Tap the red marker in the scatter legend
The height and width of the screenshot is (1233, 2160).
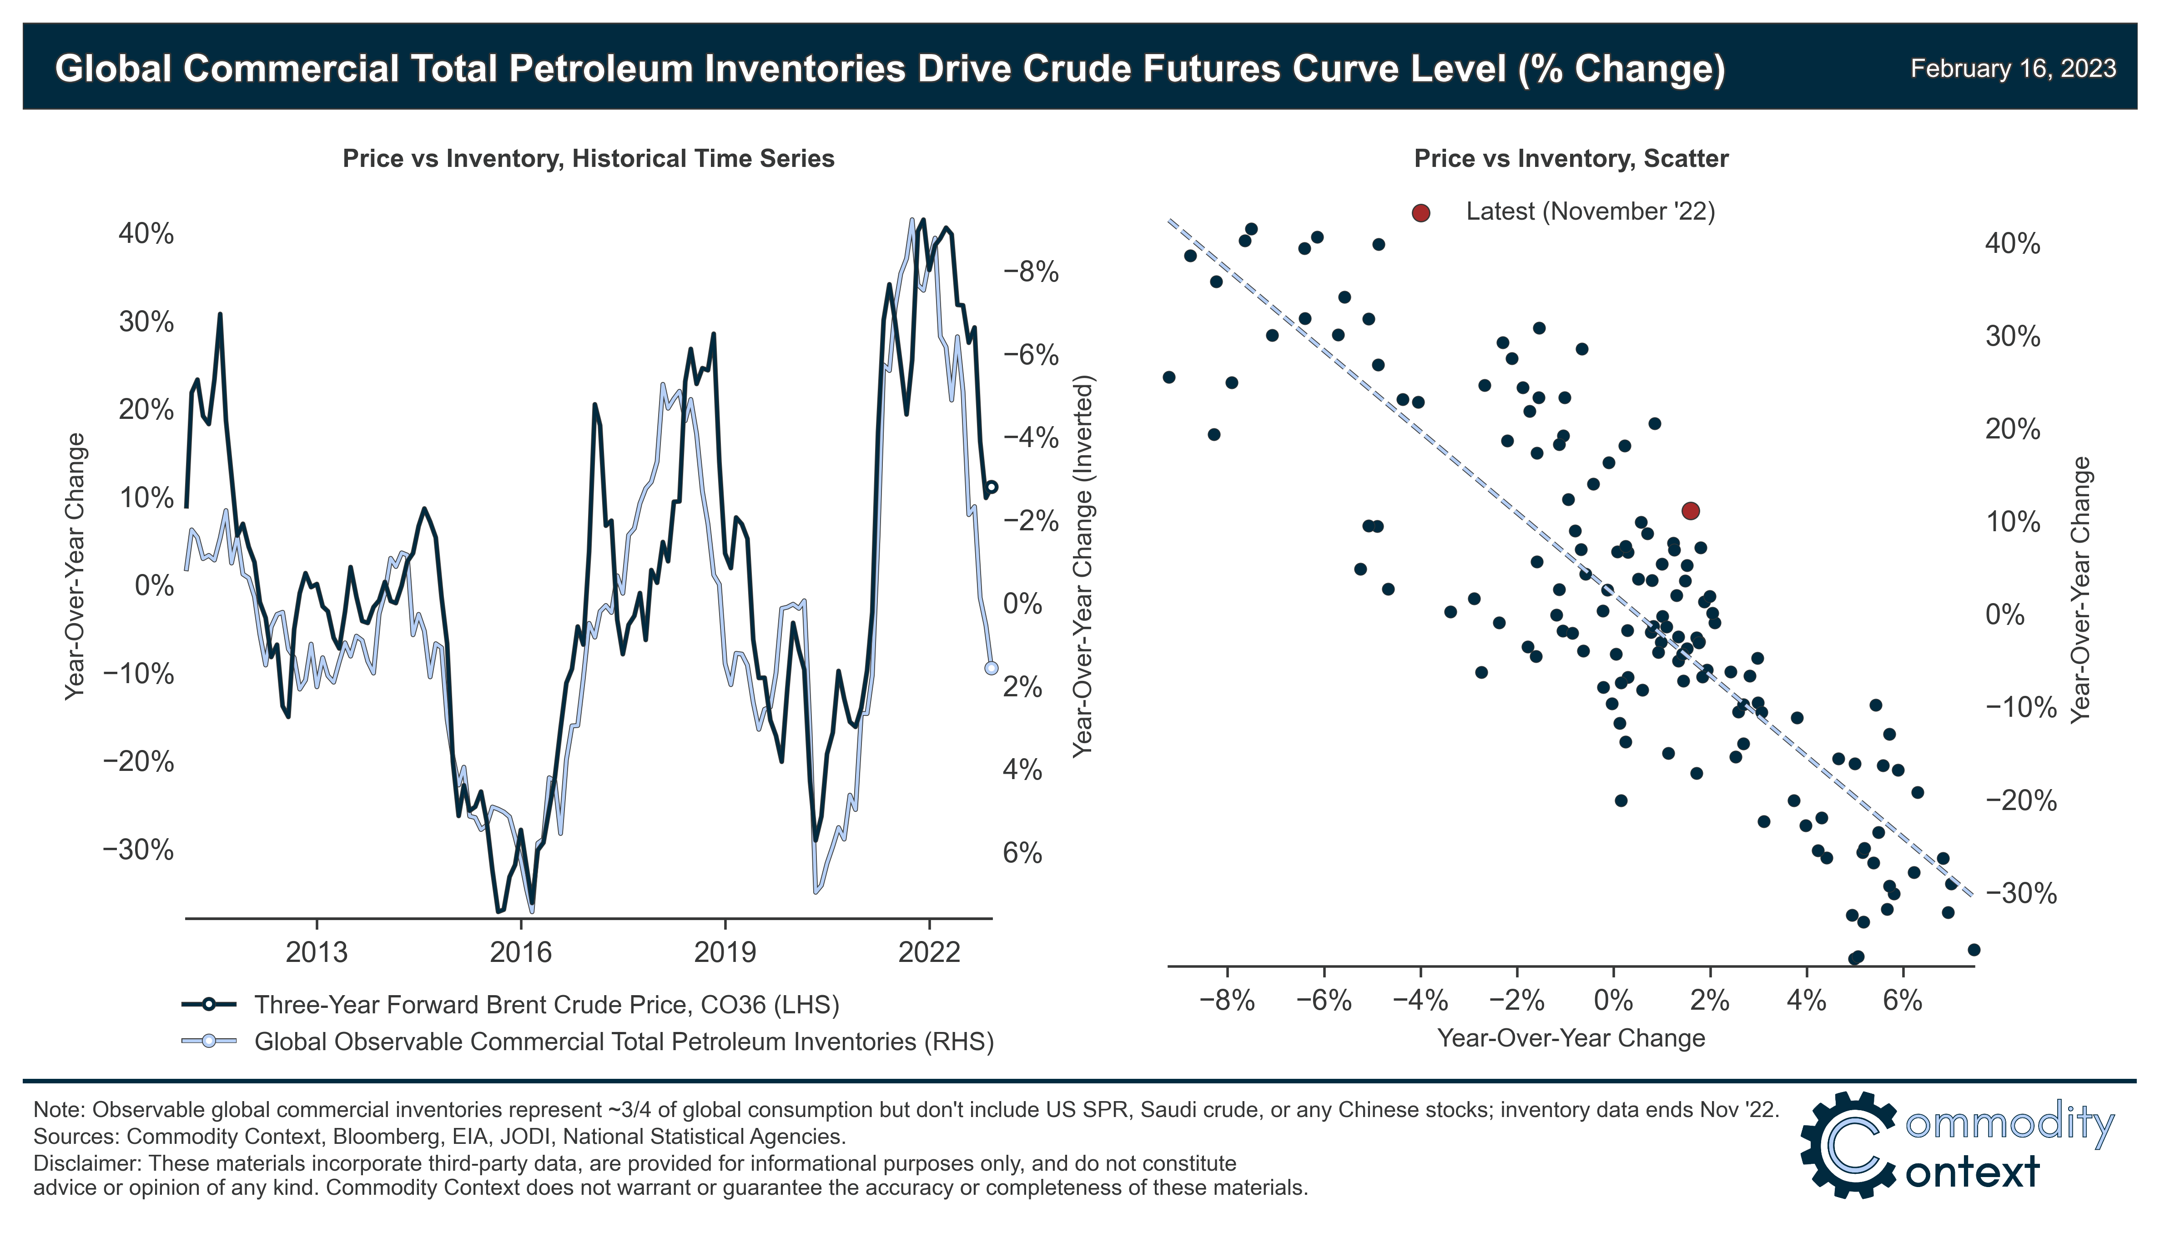[1421, 212]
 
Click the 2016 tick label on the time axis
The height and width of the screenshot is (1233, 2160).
[521, 953]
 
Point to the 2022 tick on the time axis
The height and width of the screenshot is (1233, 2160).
[929, 953]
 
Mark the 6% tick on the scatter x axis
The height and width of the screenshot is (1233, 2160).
[1903, 1001]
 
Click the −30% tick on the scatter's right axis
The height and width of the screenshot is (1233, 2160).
[2020, 893]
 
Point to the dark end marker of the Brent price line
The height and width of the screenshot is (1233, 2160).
[992, 488]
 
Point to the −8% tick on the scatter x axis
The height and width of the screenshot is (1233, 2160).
[1227, 1001]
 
